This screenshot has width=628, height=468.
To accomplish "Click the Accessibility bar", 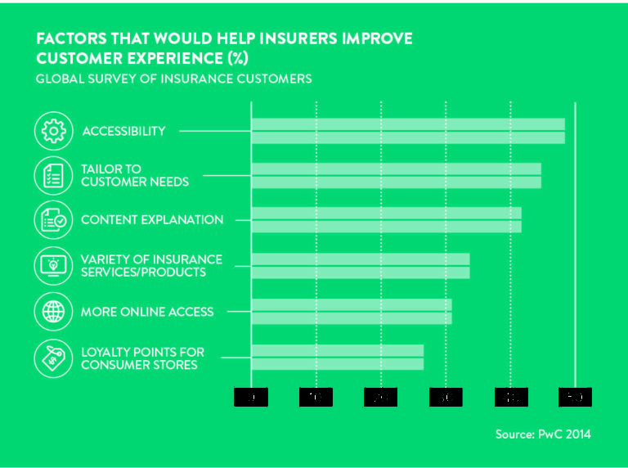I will point(407,131).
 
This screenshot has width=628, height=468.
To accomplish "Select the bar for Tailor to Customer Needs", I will point(396,176).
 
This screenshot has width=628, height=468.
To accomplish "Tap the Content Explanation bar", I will point(386,220).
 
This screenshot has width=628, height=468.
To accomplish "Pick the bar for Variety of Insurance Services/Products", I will point(360,266).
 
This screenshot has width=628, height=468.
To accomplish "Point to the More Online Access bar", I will point(351,312).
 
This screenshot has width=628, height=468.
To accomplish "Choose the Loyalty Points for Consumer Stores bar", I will point(337,358).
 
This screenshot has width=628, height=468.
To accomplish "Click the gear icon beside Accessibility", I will point(53,131).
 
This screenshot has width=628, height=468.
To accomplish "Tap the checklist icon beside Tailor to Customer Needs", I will point(53,176).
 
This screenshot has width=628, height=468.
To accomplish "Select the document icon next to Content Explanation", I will point(53,220).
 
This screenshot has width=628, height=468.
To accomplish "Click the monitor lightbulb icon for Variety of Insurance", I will point(53,266).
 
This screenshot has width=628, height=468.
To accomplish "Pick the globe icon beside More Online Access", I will point(53,312).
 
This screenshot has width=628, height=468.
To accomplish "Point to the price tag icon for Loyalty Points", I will point(53,358).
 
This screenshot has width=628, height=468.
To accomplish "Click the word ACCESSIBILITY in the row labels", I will point(123,131).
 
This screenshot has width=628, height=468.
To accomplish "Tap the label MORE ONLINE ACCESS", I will point(147,312).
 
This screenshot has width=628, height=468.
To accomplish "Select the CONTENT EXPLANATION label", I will point(152,220).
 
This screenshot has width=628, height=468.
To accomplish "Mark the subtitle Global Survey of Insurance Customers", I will point(173,79).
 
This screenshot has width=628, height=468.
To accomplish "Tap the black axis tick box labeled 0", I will point(251,397).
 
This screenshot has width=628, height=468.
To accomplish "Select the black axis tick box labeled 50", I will point(575,397).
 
